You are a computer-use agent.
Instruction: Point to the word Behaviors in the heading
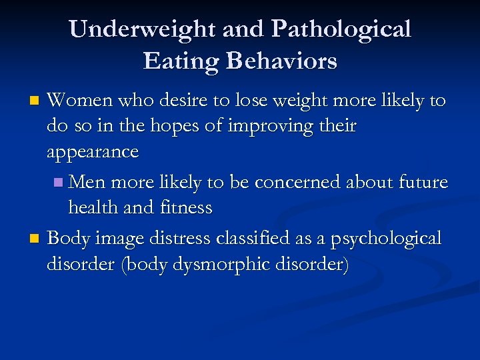(x=281, y=61)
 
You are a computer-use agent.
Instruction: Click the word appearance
(x=93, y=153)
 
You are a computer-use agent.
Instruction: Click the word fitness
(x=186, y=208)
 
